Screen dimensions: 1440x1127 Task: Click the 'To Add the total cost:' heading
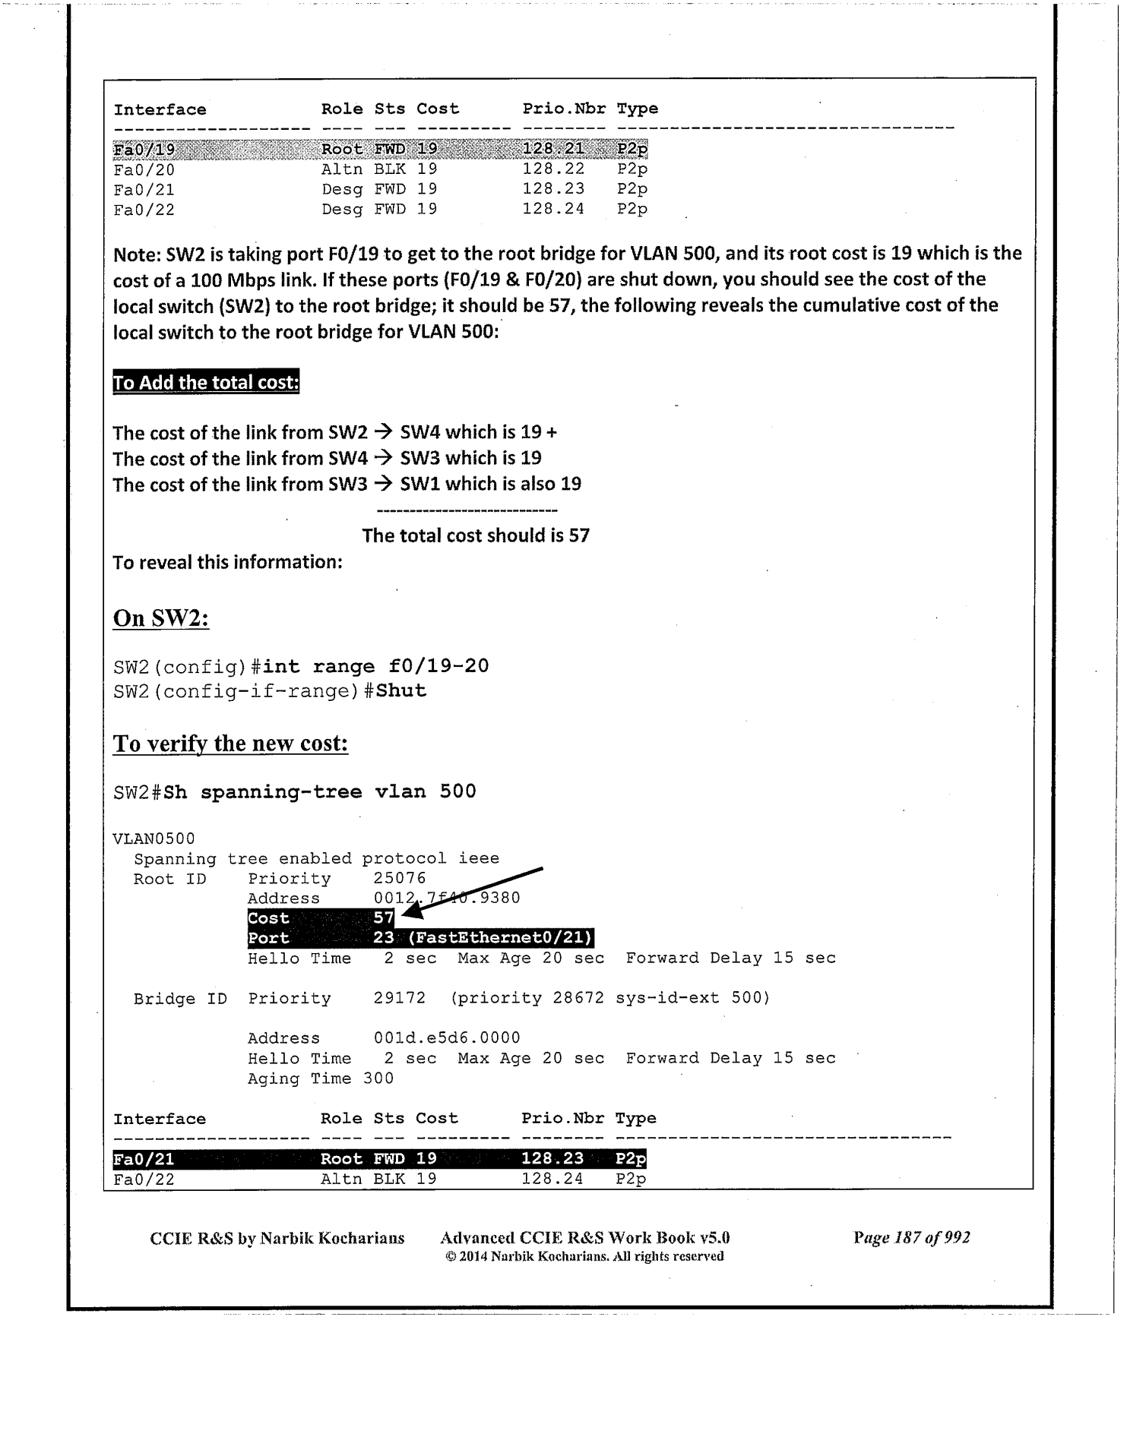pyautogui.click(x=206, y=382)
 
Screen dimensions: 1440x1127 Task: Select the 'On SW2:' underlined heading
pyautogui.click(x=161, y=618)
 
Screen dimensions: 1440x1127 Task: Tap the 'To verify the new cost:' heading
pyautogui.click(x=230, y=743)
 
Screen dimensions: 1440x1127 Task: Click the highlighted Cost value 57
pyautogui.click(x=384, y=918)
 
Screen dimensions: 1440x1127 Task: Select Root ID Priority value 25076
pyautogui.click(x=400, y=879)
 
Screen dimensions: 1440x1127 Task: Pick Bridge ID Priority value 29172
pyautogui.click(x=400, y=998)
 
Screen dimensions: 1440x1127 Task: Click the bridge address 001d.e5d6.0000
pyautogui.click(x=447, y=1037)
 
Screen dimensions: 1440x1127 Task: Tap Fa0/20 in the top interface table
pyautogui.click(x=144, y=169)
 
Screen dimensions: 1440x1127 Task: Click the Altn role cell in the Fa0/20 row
pyautogui.click(x=342, y=169)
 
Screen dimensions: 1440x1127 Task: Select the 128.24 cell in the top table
pyautogui.click(x=553, y=209)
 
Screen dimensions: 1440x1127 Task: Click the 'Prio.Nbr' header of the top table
pyautogui.click(x=564, y=109)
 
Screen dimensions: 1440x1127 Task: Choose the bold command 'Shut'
pyautogui.click(x=401, y=691)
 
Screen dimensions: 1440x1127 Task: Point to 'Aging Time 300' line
pyautogui.click(x=321, y=1078)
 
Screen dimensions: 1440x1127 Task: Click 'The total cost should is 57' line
pyautogui.click(x=476, y=535)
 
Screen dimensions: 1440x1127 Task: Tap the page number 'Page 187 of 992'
pyautogui.click(x=911, y=1238)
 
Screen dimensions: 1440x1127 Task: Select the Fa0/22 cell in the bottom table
pyautogui.click(x=144, y=1179)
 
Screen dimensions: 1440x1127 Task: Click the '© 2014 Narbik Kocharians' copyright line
pyautogui.click(x=584, y=1257)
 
